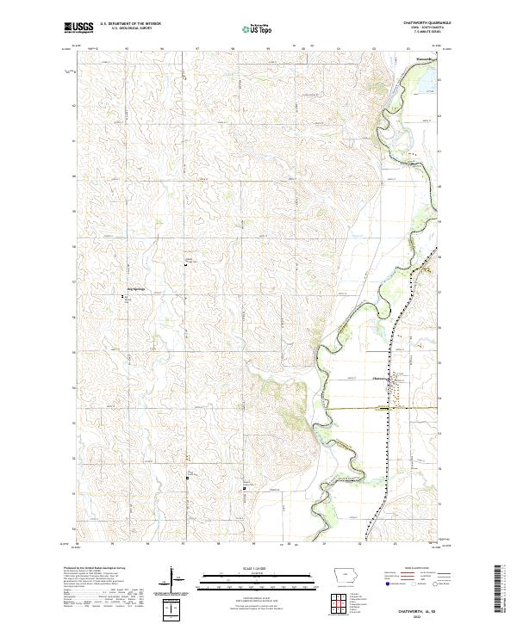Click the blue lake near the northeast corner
pos(427,82)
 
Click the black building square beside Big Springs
pos(124,298)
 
